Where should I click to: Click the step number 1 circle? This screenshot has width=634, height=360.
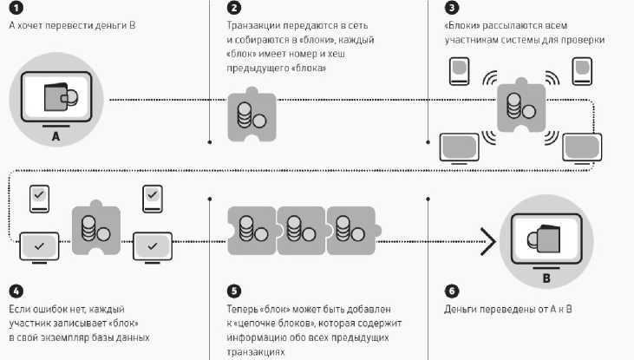click(x=15, y=8)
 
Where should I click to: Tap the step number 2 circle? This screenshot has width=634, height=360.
click(x=233, y=8)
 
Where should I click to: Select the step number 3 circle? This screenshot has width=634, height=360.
click(x=451, y=8)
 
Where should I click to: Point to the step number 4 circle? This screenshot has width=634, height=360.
click(x=15, y=290)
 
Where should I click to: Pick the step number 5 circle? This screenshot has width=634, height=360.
click(x=233, y=290)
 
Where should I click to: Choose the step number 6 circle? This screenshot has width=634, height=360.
click(x=451, y=290)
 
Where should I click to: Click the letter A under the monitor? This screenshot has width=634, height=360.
click(x=56, y=137)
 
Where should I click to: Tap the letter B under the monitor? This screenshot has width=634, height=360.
click(x=546, y=278)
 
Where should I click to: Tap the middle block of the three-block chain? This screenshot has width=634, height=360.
click(x=300, y=230)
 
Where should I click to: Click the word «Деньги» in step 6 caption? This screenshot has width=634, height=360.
click(x=462, y=309)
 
